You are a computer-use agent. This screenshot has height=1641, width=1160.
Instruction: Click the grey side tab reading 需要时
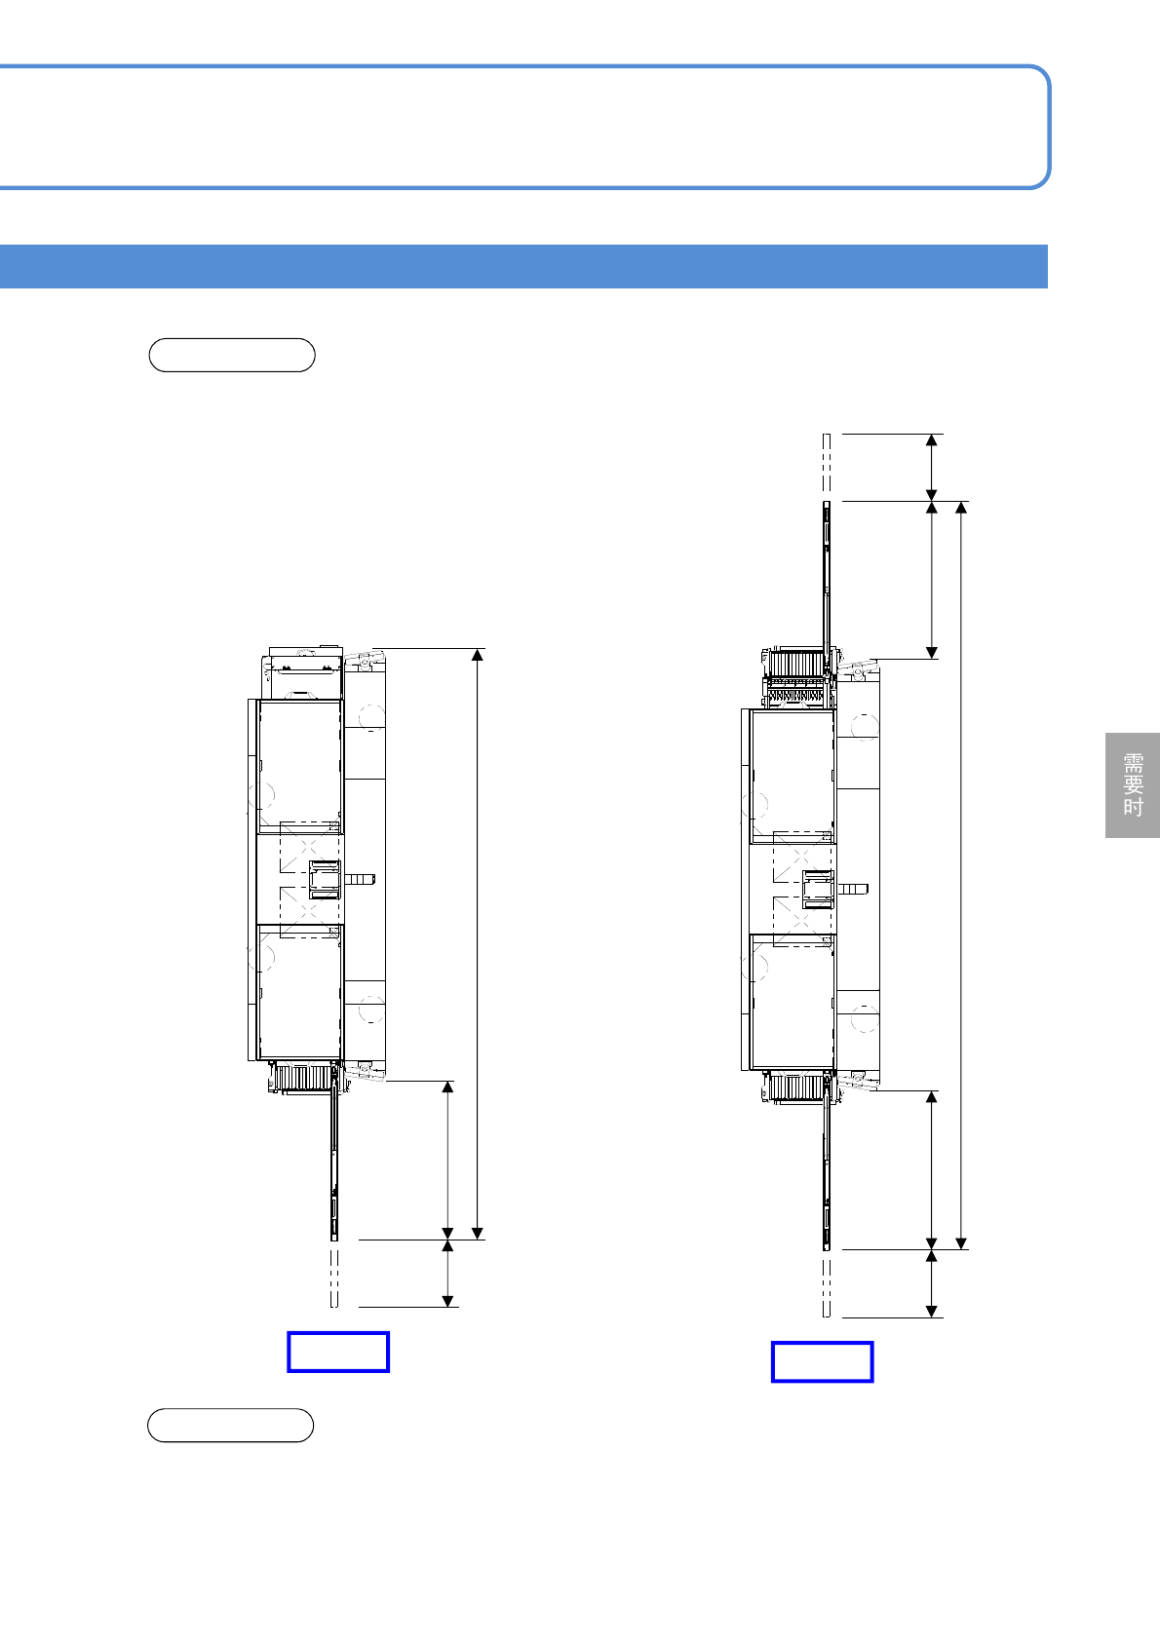point(1132,784)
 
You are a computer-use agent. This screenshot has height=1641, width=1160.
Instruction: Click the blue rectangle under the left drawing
point(338,1352)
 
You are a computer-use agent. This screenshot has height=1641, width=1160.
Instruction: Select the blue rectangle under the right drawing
point(822,1362)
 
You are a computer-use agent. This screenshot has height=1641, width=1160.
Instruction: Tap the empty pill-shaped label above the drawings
point(232,356)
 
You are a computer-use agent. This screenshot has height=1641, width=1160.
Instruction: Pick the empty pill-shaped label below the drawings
point(231,1425)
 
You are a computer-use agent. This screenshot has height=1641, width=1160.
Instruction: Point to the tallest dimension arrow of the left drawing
point(478,943)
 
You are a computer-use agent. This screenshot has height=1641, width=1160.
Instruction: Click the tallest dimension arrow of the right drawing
point(961,875)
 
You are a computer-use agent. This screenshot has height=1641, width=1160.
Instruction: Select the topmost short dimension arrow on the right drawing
point(931,468)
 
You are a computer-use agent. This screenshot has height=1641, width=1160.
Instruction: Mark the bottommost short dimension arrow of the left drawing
point(447,1274)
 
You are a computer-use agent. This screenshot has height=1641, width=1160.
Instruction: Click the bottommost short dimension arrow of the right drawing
point(931,1283)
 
